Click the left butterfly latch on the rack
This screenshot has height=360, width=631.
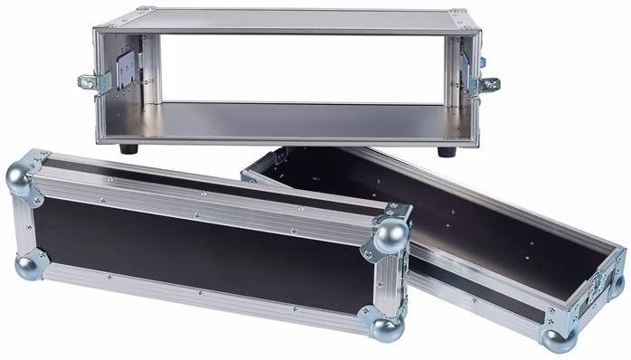(93, 81)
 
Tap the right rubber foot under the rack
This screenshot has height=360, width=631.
(447, 151)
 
